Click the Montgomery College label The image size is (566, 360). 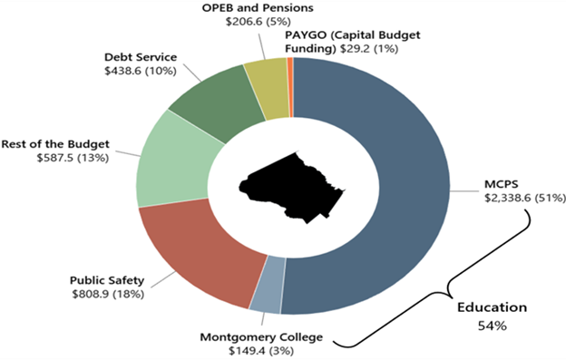pyautogui.click(x=261, y=338)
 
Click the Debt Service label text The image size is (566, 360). pyautogui.click(x=141, y=57)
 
